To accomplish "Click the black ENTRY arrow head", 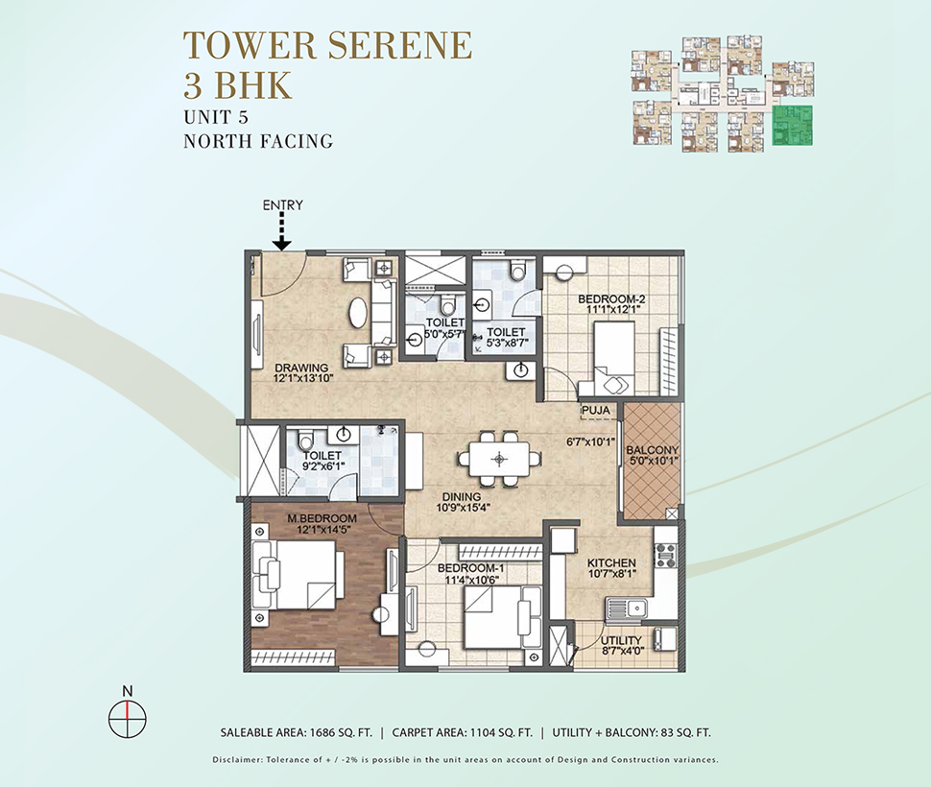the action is coord(282,244).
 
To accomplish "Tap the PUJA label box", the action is coord(596,410).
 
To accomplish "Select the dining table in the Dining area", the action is coord(499,458).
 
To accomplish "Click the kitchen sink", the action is coord(626,608).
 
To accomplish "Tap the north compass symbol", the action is coord(127,718).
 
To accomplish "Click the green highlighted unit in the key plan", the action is coord(792,125).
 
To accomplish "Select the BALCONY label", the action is coord(652,450).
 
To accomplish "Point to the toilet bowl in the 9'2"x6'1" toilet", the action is coord(306,440).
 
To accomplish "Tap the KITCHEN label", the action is coord(611,562).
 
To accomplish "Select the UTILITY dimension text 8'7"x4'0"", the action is coord(621,650).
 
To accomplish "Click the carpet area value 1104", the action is coord(484,732).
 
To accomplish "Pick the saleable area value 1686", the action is coord(322,732).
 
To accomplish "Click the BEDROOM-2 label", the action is coord(611,299).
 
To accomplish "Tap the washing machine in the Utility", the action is coord(664,638).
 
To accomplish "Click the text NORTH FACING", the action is coord(257,141).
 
